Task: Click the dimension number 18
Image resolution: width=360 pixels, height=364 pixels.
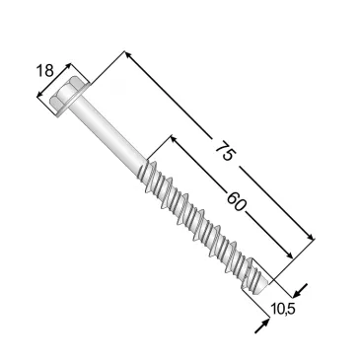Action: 44,71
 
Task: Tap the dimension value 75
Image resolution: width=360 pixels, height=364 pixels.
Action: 226,151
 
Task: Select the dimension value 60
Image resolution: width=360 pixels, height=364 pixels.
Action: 236,201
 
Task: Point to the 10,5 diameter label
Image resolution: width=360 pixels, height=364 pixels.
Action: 283,309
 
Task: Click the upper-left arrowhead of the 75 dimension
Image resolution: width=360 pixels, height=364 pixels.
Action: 128,55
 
